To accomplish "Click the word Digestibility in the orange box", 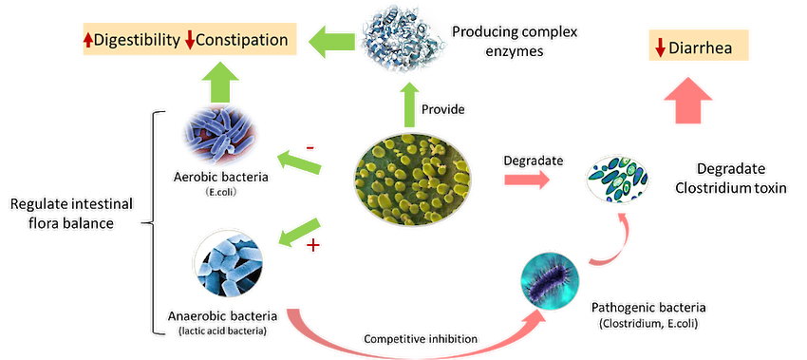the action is (137, 40).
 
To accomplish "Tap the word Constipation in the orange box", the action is (242, 40).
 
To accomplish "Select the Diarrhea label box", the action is (699, 48).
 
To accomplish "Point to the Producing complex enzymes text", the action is (515, 41).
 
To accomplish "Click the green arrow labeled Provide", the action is (409, 105).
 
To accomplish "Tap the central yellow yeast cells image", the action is (412, 180).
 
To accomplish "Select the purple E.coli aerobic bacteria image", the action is (220, 135).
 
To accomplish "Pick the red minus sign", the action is (310, 148).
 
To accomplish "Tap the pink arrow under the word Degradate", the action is (527, 180).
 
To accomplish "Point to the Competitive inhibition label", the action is (421, 339).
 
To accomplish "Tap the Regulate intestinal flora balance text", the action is (71, 214).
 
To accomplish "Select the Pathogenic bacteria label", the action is (648, 315).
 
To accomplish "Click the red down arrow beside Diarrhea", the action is (661, 49).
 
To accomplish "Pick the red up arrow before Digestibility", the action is (87, 41).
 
